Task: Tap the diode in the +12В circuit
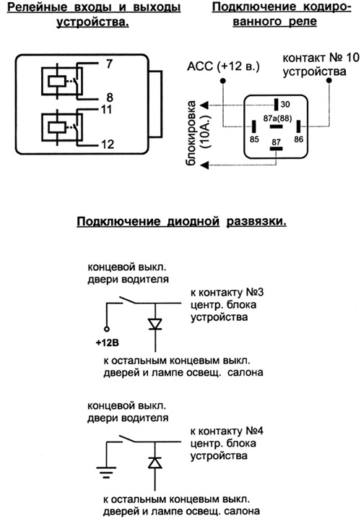pos(155,324)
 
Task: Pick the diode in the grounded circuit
pos(155,462)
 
